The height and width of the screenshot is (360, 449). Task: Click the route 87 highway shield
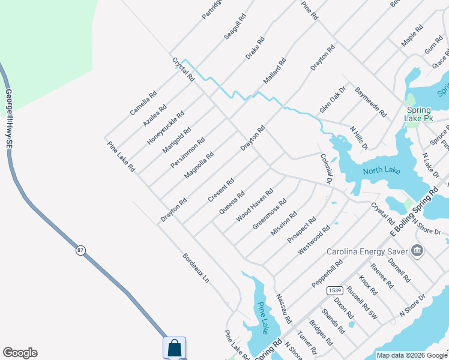tap(80, 250)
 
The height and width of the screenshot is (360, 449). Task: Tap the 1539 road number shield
tap(335, 290)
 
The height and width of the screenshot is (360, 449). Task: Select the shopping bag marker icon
tap(174, 347)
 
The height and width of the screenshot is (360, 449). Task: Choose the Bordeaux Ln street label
tap(196, 268)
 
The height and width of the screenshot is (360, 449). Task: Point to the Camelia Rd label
tap(143, 103)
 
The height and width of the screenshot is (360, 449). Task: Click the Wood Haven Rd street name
tap(255, 205)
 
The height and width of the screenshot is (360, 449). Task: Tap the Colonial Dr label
tap(326, 169)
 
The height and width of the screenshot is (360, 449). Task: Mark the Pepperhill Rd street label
tap(327, 272)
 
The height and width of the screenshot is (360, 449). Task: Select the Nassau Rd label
tap(283, 308)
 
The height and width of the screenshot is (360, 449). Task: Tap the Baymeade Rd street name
tap(370, 101)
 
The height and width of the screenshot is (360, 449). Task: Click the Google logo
tap(20, 353)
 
